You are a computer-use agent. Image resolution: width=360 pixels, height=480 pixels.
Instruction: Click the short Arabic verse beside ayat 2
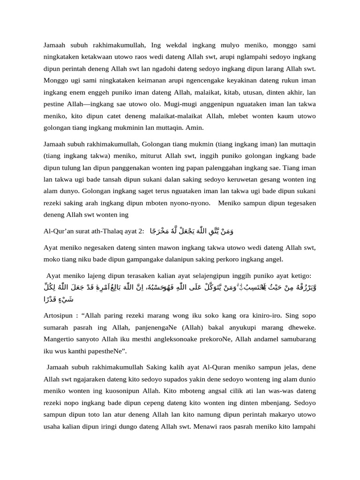192,231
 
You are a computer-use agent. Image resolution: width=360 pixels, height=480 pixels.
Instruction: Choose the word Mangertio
60,338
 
